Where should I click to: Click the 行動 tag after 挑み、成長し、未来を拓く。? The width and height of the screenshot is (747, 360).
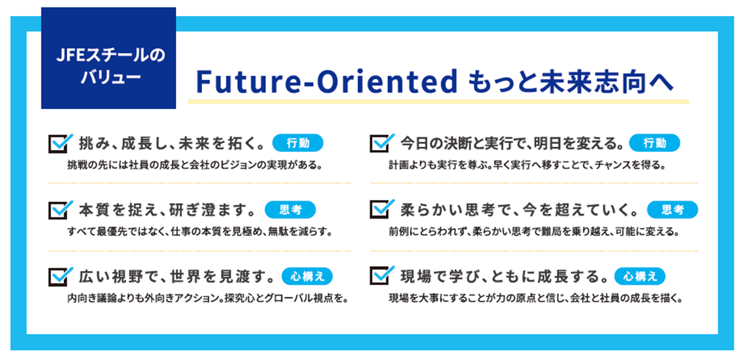(x=297, y=143)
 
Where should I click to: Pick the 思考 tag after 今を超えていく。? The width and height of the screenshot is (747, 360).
(x=673, y=210)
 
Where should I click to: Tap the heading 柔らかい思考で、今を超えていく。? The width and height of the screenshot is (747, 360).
(x=519, y=210)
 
